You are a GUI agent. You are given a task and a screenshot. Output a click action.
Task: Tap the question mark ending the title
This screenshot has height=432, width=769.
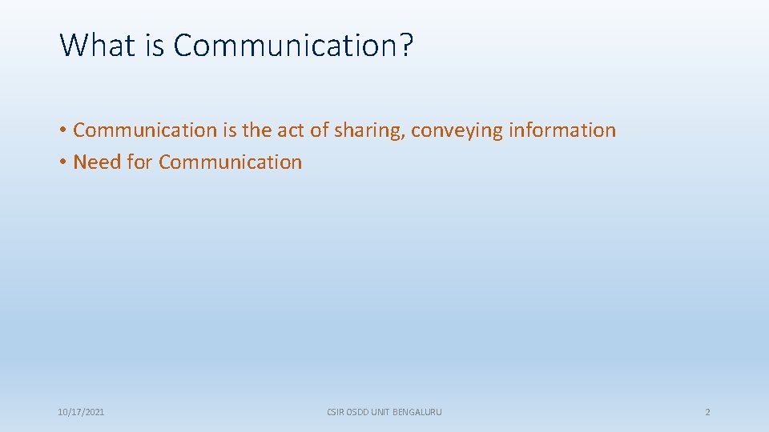click(x=406, y=45)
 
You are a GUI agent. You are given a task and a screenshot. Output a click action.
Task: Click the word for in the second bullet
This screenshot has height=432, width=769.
click(x=139, y=162)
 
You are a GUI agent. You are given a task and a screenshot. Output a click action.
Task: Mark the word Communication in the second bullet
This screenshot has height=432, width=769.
click(x=230, y=162)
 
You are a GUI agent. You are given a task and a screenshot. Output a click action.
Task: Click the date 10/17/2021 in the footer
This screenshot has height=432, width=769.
click(x=81, y=412)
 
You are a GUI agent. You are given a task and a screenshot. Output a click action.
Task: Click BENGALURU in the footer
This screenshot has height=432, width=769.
click(x=417, y=412)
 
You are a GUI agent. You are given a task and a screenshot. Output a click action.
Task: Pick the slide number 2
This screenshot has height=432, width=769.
click(x=707, y=412)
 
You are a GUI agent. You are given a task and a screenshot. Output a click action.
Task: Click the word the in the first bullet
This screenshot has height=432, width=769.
click(x=256, y=130)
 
